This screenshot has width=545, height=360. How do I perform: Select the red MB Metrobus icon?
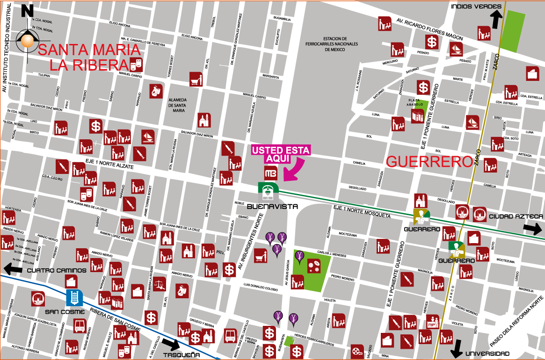click(x=271, y=173)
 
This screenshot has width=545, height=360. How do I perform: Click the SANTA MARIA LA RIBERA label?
click(x=89, y=57)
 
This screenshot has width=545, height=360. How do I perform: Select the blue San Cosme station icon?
click(x=74, y=297)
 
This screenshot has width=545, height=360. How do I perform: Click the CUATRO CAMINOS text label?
click(x=57, y=270)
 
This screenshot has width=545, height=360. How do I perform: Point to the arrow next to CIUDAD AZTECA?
click(x=532, y=229)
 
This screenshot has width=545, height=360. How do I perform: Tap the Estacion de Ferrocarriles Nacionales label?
click(x=341, y=44)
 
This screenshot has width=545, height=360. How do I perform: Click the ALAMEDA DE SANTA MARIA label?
click(x=177, y=105)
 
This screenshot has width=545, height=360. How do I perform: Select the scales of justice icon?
click(x=160, y=284)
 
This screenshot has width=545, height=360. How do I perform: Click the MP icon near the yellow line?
click(x=432, y=321)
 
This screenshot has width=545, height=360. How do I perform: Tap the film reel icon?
click(x=357, y=350)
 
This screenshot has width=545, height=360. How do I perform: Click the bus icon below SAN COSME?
click(x=80, y=325)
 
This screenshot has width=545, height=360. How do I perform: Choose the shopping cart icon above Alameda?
click(x=196, y=79)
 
